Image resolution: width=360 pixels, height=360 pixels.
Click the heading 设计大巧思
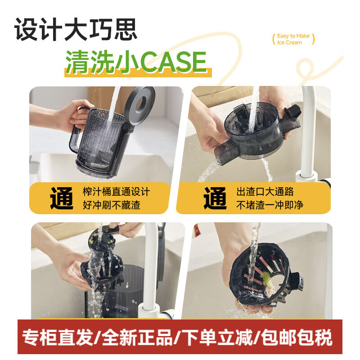pyautogui.click(x=76, y=29)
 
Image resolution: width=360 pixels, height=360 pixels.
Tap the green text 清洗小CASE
pyautogui.click(x=136, y=62)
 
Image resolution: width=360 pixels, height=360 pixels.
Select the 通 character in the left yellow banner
pyautogui.click(x=62, y=198)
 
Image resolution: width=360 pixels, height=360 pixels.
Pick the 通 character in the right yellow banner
pyautogui.click(x=215, y=198)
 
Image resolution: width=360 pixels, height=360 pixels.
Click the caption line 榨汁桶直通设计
pyautogui.click(x=116, y=192)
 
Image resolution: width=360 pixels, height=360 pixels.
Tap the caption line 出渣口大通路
pyautogui.click(x=265, y=192)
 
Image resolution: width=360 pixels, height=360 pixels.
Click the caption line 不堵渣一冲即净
pyautogui.click(x=270, y=205)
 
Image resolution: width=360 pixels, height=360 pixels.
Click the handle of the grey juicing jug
pyautogui.click(x=76, y=130)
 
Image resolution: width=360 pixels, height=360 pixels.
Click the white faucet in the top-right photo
pyautogui.click(x=310, y=135)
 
